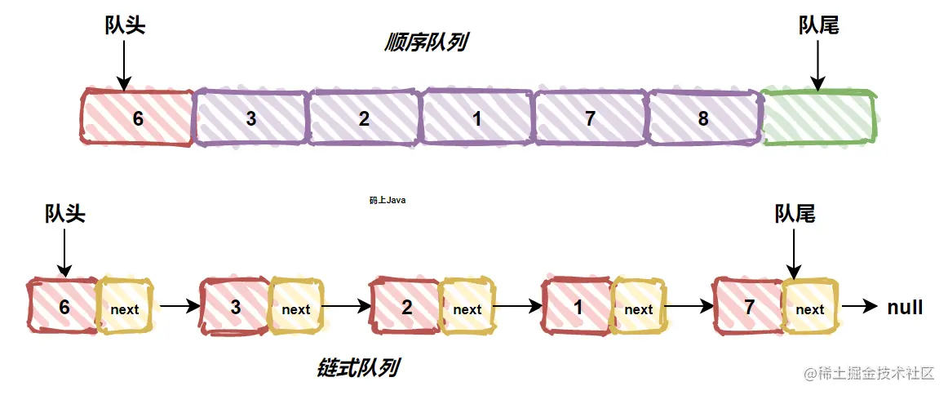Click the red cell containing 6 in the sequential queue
tap(137, 118)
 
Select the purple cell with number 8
tap(702, 118)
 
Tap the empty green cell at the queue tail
tap(817, 118)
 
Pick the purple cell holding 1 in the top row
tap(476, 118)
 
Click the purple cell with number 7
tap(590, 118)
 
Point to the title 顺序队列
tap(424, 43)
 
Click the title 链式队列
tap(357, 368)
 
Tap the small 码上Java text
tap(387, 200)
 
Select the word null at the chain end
tap(905, 308)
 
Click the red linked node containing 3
tap(235, 308)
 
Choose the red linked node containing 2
tap(405, 308)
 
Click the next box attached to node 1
tap(638, 308)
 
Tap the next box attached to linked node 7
tap(809, 308)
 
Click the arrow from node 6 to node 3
tap(179, 308)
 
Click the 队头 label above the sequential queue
tap(125, 26)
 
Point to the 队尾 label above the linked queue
tap(794, 214)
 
